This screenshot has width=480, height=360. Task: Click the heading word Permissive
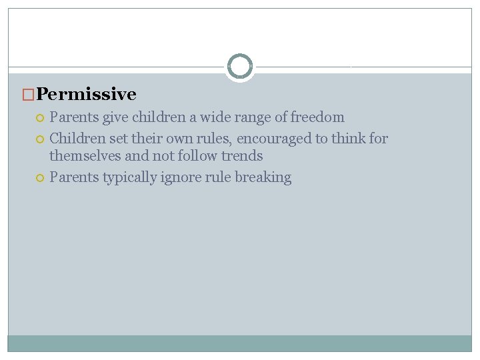click(87, 95)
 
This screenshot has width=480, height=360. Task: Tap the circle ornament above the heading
click(239, 67)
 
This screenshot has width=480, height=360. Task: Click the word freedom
click(318, 117)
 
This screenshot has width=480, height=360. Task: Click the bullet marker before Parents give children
click(40, 118)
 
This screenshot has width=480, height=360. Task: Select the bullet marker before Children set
click(40, 139)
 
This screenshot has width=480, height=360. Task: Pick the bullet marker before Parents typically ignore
click(40, 178)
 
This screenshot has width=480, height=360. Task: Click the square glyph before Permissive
click(29, 95)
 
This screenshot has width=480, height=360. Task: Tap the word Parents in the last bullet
click(74, 177)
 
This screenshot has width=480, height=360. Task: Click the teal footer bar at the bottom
click(240, 343)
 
